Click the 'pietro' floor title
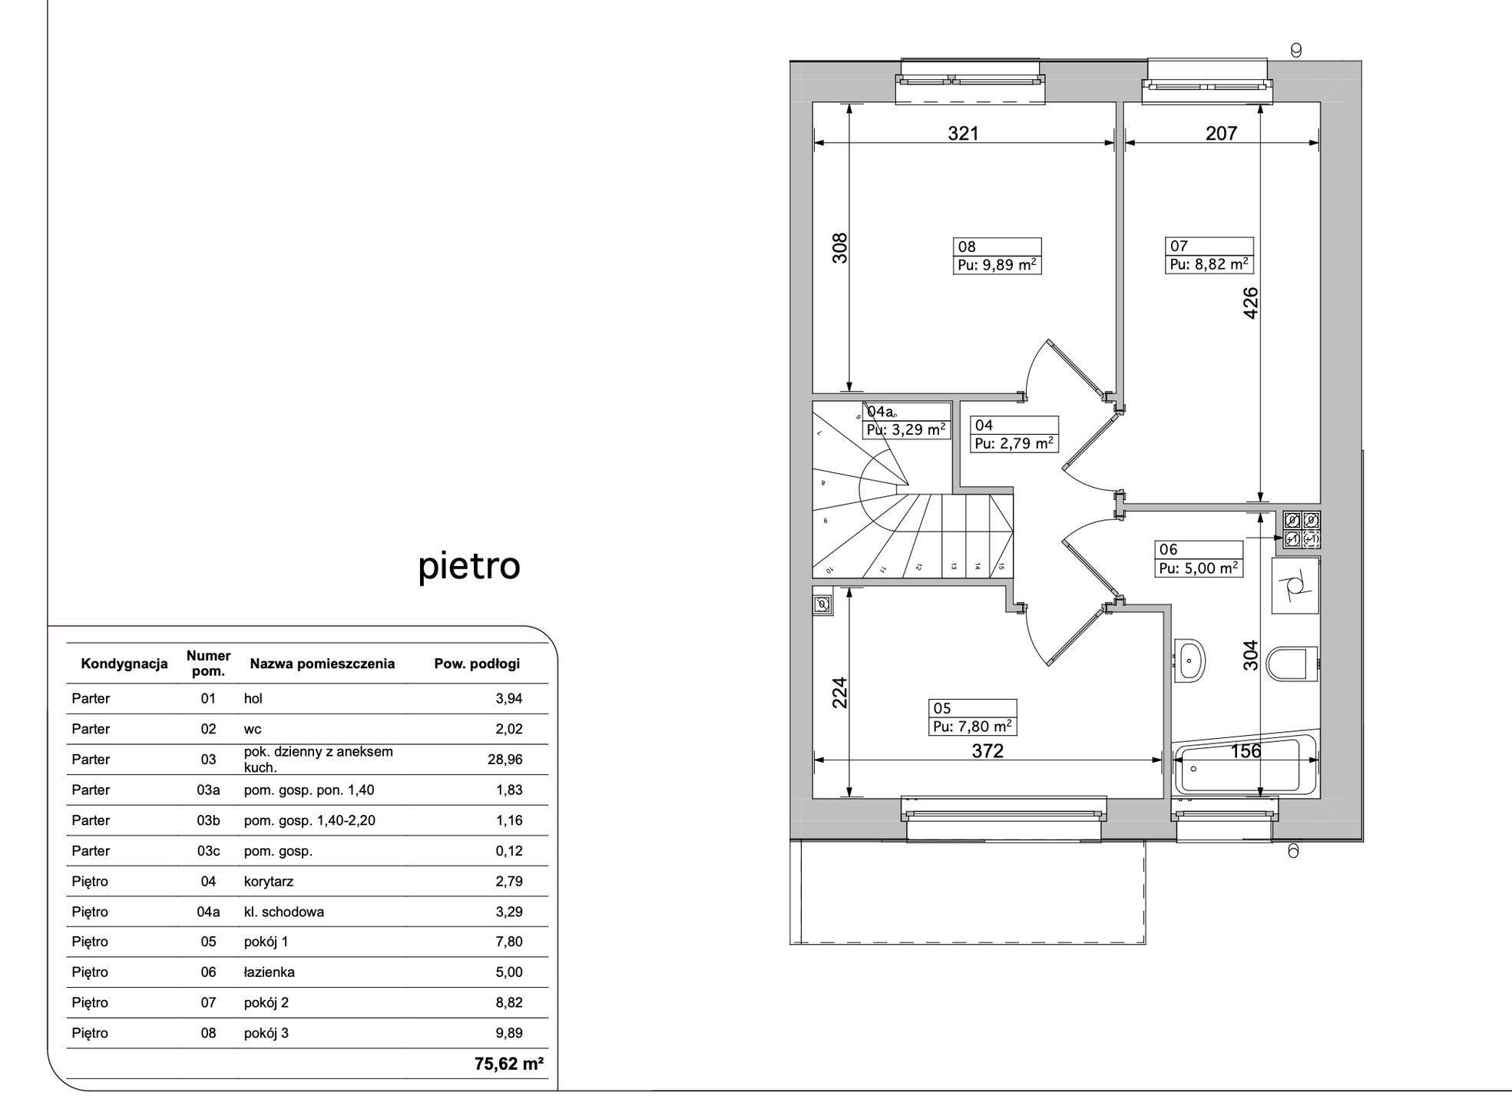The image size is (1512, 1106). coord(469,567)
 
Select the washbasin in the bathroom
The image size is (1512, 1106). coord(1189,660)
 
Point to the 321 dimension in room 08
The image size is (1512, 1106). coord(963,134)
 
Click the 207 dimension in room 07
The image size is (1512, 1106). coord(1221,134)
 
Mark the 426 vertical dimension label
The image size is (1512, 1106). coord(1250,303)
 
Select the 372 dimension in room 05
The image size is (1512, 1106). coord(988,751)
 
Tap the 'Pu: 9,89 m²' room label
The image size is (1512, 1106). coord(998,266)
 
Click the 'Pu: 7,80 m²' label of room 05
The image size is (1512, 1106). coord(973,727)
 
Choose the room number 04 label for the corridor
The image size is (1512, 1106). coord(984,426)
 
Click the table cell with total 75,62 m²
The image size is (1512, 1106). coord(509,1064)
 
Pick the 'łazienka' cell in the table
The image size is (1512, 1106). coord(270,972)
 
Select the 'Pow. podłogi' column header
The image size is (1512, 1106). coord(477,664)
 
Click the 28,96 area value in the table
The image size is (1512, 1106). coord(505,760)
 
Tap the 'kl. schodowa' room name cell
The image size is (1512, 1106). coord(284,912)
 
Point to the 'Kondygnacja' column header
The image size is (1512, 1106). coord(124,664)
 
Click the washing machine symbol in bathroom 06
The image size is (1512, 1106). coord(1295,586)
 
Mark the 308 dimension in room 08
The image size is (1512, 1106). coord(840,248)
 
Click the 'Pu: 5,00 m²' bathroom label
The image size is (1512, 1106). coord(1199,568)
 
